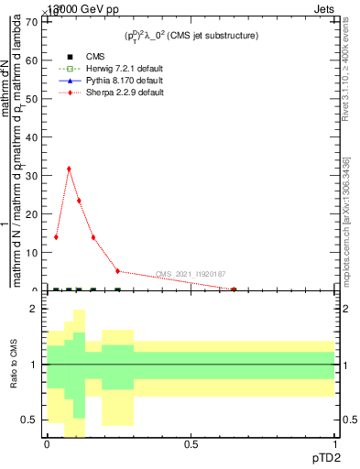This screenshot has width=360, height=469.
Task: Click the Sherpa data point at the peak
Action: [69, 169]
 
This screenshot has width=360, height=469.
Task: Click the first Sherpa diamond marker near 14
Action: [56, 237]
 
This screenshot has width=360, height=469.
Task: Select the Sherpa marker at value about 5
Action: [117, 271]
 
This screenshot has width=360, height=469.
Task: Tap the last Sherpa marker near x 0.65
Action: [234, 289]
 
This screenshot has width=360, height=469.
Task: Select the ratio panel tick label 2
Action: [34, 310]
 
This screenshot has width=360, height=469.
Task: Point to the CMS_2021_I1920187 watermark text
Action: [190, 274]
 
